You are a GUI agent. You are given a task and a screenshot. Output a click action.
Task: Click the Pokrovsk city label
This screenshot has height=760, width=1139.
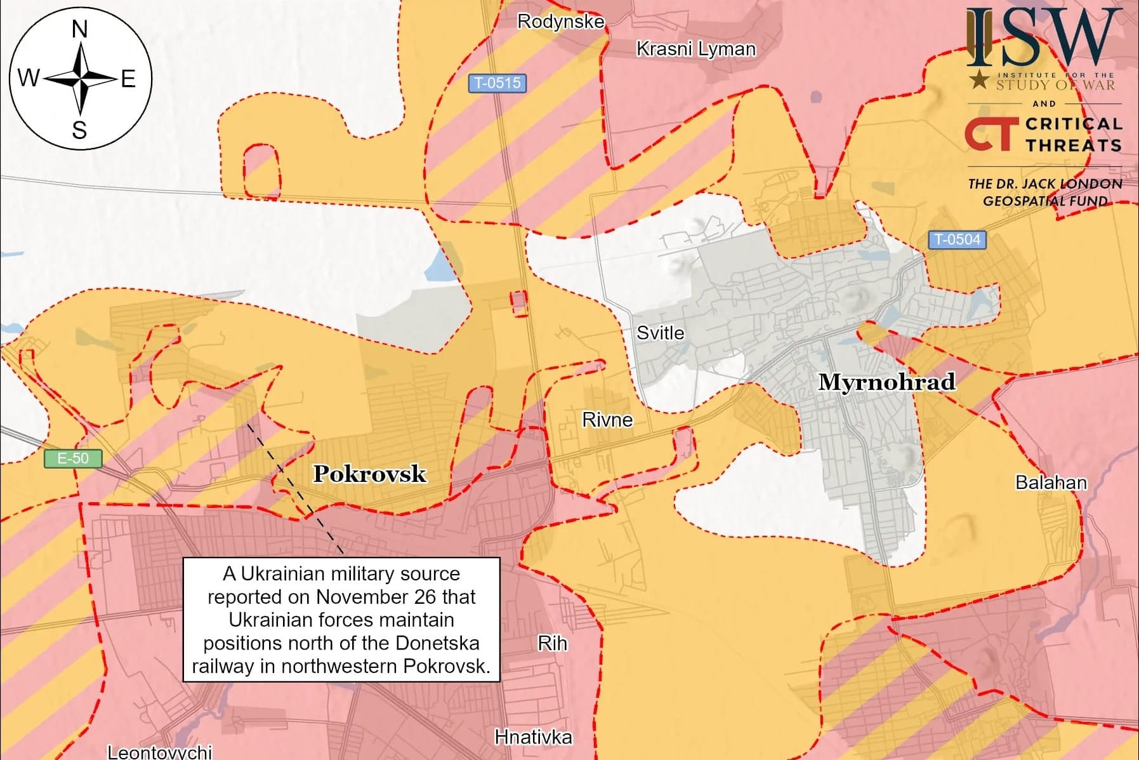(x=369, y=474)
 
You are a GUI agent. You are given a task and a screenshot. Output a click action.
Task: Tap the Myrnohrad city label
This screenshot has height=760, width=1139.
(x=886, y=382)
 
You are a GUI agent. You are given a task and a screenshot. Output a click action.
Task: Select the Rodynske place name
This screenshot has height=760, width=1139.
(x=560, y=22)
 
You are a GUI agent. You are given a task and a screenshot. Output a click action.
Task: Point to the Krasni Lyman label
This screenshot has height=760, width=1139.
(x=696, y=49)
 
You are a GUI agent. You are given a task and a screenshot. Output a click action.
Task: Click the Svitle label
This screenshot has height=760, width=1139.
(x=661, y=333)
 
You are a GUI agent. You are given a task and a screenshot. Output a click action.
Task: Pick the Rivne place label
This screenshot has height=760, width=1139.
(x=607, y=420)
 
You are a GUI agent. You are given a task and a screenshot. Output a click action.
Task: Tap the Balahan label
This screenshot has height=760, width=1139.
(x=1051, y=483)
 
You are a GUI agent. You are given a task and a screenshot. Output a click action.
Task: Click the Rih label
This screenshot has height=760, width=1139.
(x=552, y=643)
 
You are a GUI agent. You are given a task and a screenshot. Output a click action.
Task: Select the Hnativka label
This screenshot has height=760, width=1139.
(x=533, y=737)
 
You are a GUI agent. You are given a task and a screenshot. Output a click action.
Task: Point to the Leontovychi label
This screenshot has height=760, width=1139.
(x=159, y=752)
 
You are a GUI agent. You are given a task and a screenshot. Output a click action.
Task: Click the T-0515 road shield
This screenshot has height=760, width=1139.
(x=497, y=83)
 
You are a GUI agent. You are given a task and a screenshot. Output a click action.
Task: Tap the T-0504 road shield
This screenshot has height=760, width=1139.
(x=958, y=239)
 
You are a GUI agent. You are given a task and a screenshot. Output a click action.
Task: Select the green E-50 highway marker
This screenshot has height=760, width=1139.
(x=72, y=458)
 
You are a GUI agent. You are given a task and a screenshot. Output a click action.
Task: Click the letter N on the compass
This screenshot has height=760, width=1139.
(x=80, y=29)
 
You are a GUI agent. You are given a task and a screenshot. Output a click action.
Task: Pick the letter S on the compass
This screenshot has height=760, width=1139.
(x=79, y=130)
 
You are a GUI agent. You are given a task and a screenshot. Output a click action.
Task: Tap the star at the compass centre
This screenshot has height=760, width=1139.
(x=81, y=79)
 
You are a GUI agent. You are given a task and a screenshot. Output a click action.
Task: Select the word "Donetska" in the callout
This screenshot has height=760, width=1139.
(x=437, y=643)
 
